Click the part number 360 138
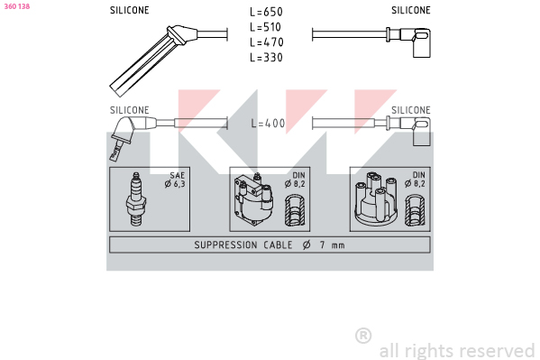17,6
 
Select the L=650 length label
266,12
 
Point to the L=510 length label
266,27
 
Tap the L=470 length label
267,42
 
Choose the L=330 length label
266,57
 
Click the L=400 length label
268,123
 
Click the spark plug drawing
136,199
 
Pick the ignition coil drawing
254,199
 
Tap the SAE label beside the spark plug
178,175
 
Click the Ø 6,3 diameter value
175,184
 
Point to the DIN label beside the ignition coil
298,175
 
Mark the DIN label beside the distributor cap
419,175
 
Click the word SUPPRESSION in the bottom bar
225,245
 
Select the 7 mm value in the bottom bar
333,245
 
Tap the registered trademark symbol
363,336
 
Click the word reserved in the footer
498,351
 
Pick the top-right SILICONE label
411,10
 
